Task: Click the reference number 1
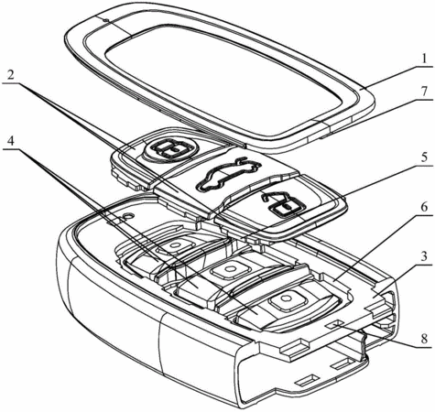(423, 59)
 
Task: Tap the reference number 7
(424, 92)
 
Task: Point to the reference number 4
(11, 141)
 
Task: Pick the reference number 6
(424, 207)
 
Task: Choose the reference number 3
(424, 256)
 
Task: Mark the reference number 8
(424, 339)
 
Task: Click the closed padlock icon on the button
(170, 149)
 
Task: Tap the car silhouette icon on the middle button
(228, 174)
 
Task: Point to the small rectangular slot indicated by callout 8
(334, 325)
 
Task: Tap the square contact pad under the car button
(230, 269)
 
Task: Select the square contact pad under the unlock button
(287, 300)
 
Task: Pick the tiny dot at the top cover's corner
(105, 21)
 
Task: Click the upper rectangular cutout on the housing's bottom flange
(342, 363)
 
